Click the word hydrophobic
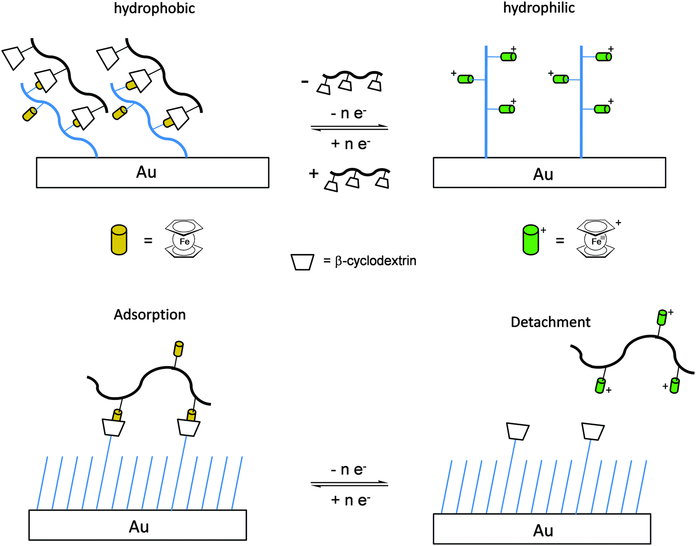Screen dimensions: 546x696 tap(154, 8)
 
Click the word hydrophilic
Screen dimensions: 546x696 tap(539, 8)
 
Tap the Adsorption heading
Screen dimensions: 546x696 tap(150, 315)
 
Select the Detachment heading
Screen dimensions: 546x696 tap(550, 322)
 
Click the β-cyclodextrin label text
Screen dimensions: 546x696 tap(375, 261)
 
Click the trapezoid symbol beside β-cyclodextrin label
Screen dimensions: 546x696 tap(302, 262)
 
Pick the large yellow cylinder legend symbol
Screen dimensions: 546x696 tap(119, 240)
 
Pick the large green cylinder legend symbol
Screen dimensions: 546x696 tap(531, 240)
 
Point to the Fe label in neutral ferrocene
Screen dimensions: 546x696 tap(184, 241)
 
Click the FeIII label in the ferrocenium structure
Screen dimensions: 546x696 tap(597, 241)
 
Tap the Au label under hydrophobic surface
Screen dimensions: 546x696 tap(146, 172)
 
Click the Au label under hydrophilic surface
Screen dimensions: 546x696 tap(543, 175)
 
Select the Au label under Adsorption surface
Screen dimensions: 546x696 tap(139, 527)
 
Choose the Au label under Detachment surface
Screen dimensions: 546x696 tap(543, 531)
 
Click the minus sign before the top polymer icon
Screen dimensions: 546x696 tap(304, 82)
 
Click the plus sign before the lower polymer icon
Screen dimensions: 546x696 tap(314, 173)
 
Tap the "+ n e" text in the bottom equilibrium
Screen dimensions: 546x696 tap(350, 500)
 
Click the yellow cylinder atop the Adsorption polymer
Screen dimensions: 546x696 tap(178, 349)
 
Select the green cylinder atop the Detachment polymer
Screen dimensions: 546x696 tap(662, 317)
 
